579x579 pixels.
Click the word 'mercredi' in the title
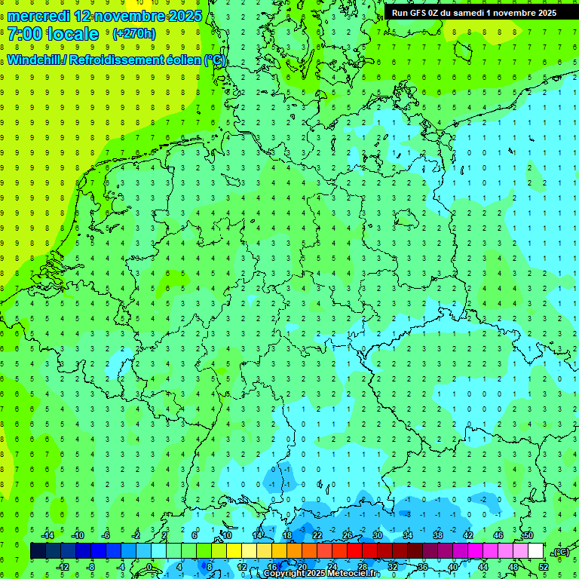38,16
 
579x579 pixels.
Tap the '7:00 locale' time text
54,34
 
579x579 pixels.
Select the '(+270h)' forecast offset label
133,34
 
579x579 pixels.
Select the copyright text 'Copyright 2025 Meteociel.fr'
321,574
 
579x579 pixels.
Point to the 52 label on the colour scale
544,566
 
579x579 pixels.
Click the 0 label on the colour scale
150,566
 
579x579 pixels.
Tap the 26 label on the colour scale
347,535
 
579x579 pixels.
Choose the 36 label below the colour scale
422,566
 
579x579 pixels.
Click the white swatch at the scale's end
535,551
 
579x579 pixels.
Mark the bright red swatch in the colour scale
354,551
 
